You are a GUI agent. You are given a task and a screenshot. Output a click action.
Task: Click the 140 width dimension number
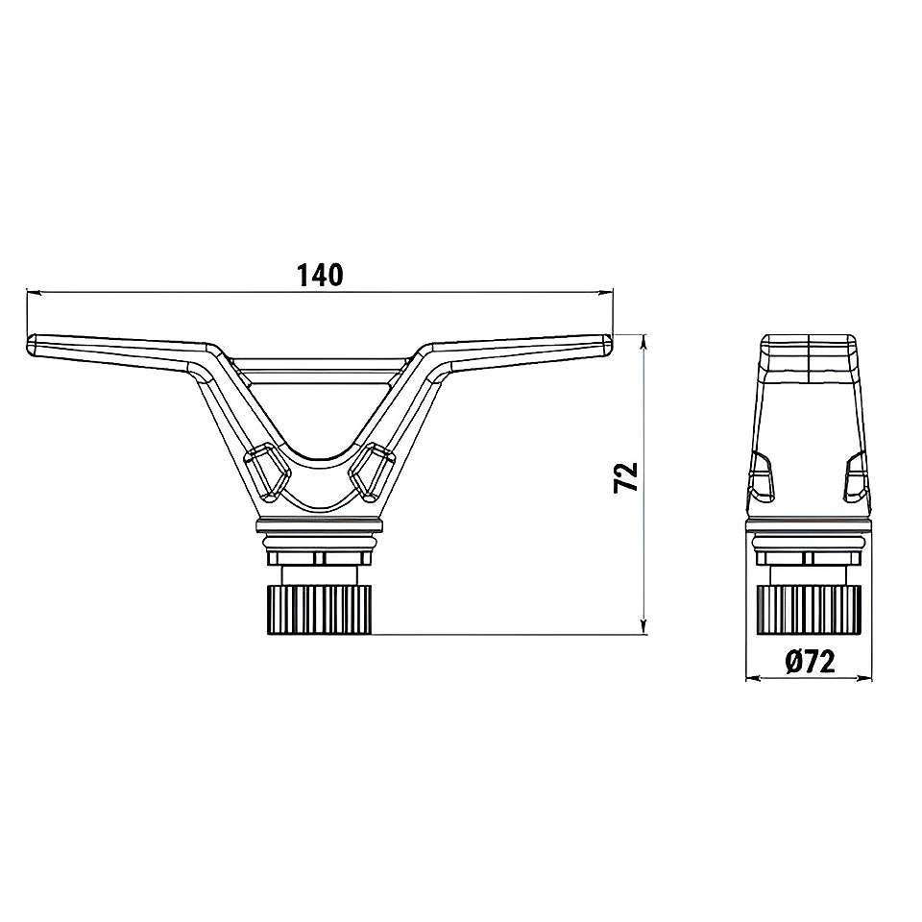[x=320, y=275]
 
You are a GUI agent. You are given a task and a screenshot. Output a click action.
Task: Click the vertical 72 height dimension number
[x=625, y=477]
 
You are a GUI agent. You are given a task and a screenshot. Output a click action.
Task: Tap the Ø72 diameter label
[x=810, y=663]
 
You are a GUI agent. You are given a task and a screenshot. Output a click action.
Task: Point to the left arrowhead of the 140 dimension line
[x=34, y=291]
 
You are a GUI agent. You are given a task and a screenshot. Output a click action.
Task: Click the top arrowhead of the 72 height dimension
[x=644, y=341]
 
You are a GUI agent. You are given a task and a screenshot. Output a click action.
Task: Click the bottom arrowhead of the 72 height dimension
[x=644, y=627]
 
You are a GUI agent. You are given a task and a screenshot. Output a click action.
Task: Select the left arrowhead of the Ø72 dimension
[x=752, y=679]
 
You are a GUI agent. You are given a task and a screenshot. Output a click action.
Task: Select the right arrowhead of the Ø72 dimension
[x=865, y=679]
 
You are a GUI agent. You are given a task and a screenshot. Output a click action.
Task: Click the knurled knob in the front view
[x=320, y=610]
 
